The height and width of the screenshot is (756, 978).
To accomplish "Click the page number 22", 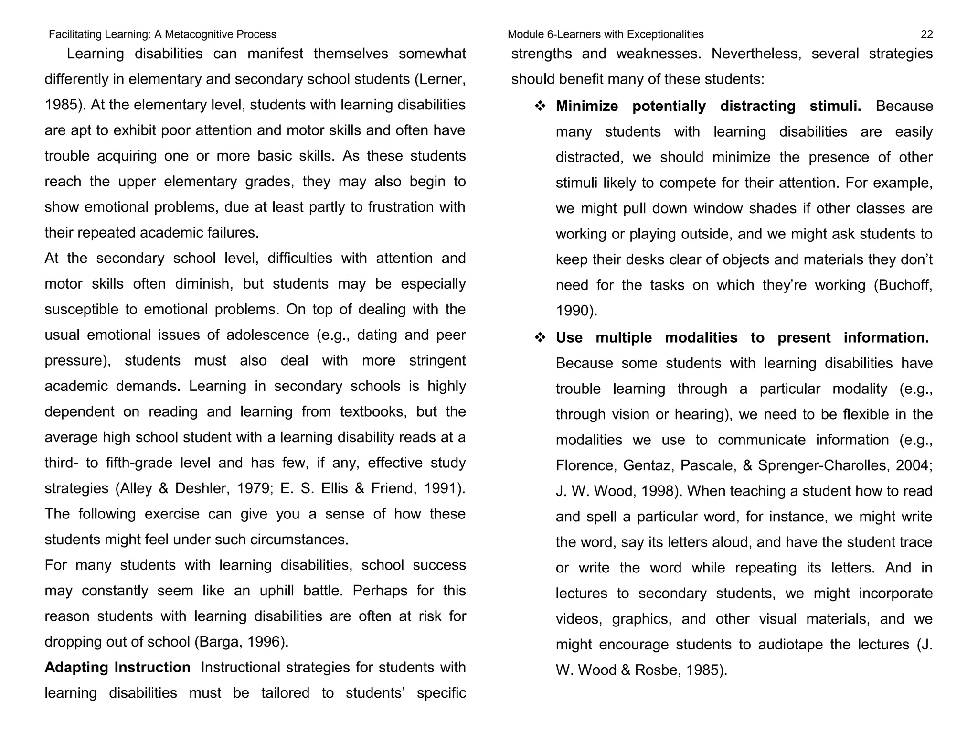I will point(926,34).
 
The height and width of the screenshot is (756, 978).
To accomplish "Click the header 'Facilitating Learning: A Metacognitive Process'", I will point(162,34).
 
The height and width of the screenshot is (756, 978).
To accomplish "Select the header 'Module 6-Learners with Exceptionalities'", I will point(606,34).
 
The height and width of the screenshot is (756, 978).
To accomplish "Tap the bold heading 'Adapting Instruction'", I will point(117,667).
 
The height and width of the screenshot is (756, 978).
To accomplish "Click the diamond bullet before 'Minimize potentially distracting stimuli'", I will point(540,106).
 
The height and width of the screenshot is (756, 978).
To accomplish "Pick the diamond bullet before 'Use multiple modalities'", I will point(540,338).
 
